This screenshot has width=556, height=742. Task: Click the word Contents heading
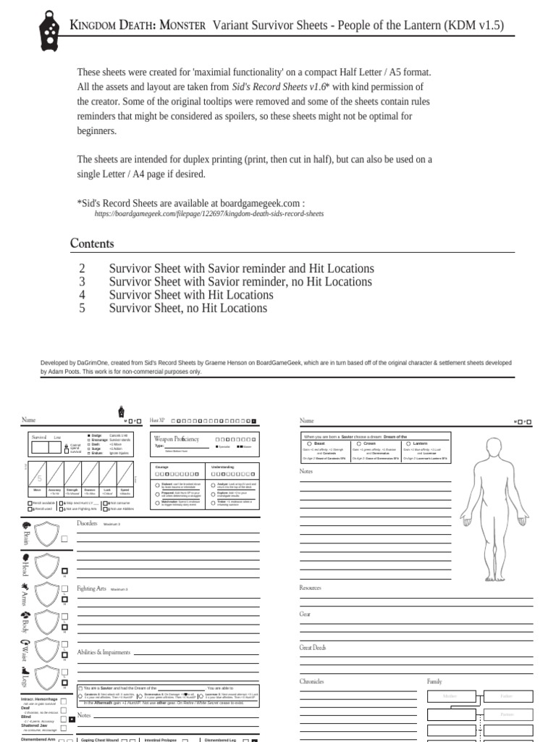(x=92, y=243)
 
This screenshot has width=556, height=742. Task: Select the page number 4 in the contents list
(x=82, y=295)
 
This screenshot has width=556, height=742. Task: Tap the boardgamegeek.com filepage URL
(x=209, y=214)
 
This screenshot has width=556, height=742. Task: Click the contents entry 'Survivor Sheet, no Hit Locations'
(x=188, y=308)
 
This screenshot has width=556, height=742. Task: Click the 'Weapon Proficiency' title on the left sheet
(x=176, y=438)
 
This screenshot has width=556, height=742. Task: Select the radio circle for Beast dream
(x=309, y=443)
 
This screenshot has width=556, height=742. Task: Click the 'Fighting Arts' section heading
(x=91, y=588)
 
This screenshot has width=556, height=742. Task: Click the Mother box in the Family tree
(x=445, y=696)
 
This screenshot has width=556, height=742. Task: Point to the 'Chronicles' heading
(x=311, y=681)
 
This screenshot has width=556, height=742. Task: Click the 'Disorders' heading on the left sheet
(x=88, y=522)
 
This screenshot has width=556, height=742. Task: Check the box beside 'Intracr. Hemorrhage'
(x=64, y=701)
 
